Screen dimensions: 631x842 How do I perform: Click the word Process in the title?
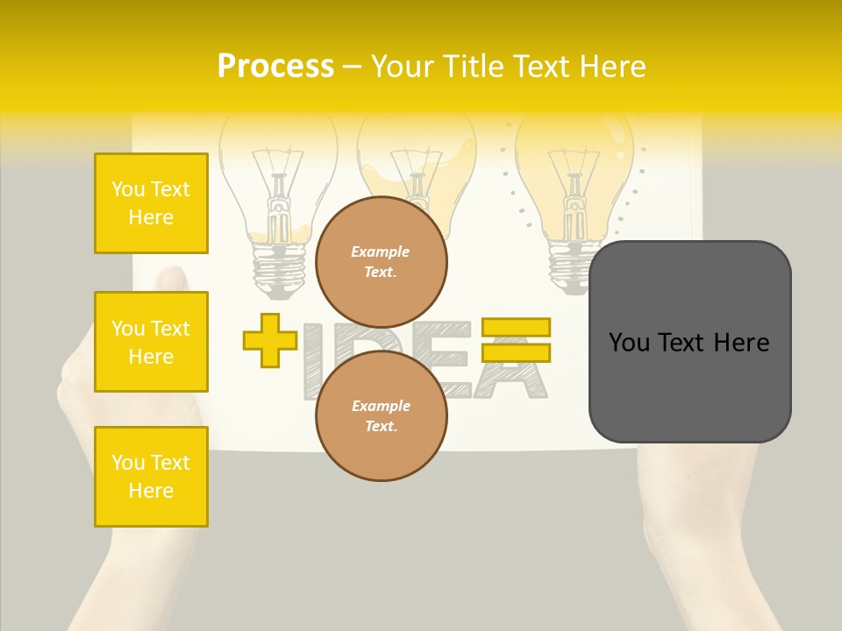click(x=275, y=66)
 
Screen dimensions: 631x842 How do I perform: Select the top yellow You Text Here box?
click(x=151, y=203)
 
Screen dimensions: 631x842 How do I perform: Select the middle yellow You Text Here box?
click(x=151, y=342)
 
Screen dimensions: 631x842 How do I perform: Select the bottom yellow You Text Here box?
click(x=151, y=477)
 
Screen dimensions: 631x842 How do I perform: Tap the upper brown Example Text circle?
click(x=381, y=262)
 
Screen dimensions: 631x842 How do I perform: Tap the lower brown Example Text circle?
click(x=381, y=416)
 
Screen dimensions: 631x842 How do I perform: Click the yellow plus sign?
click(x=270, y=340)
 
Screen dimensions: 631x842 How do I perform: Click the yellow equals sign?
click(x=516, y=340)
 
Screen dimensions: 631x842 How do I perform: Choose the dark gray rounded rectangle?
click(x=689, y=342)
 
